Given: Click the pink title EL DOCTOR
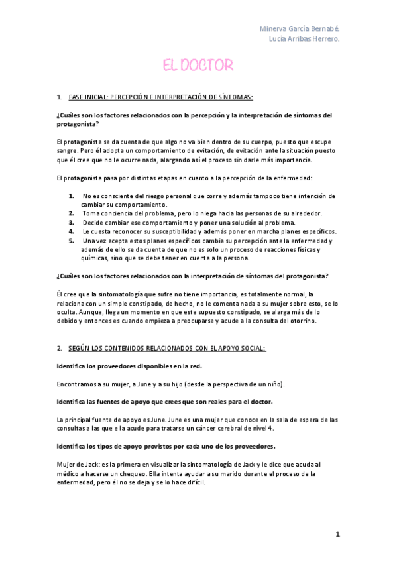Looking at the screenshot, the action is [x=198, y=65].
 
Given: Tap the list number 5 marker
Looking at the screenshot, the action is [x=71, y=240].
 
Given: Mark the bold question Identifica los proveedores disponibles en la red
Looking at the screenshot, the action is [x=130, y=366].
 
